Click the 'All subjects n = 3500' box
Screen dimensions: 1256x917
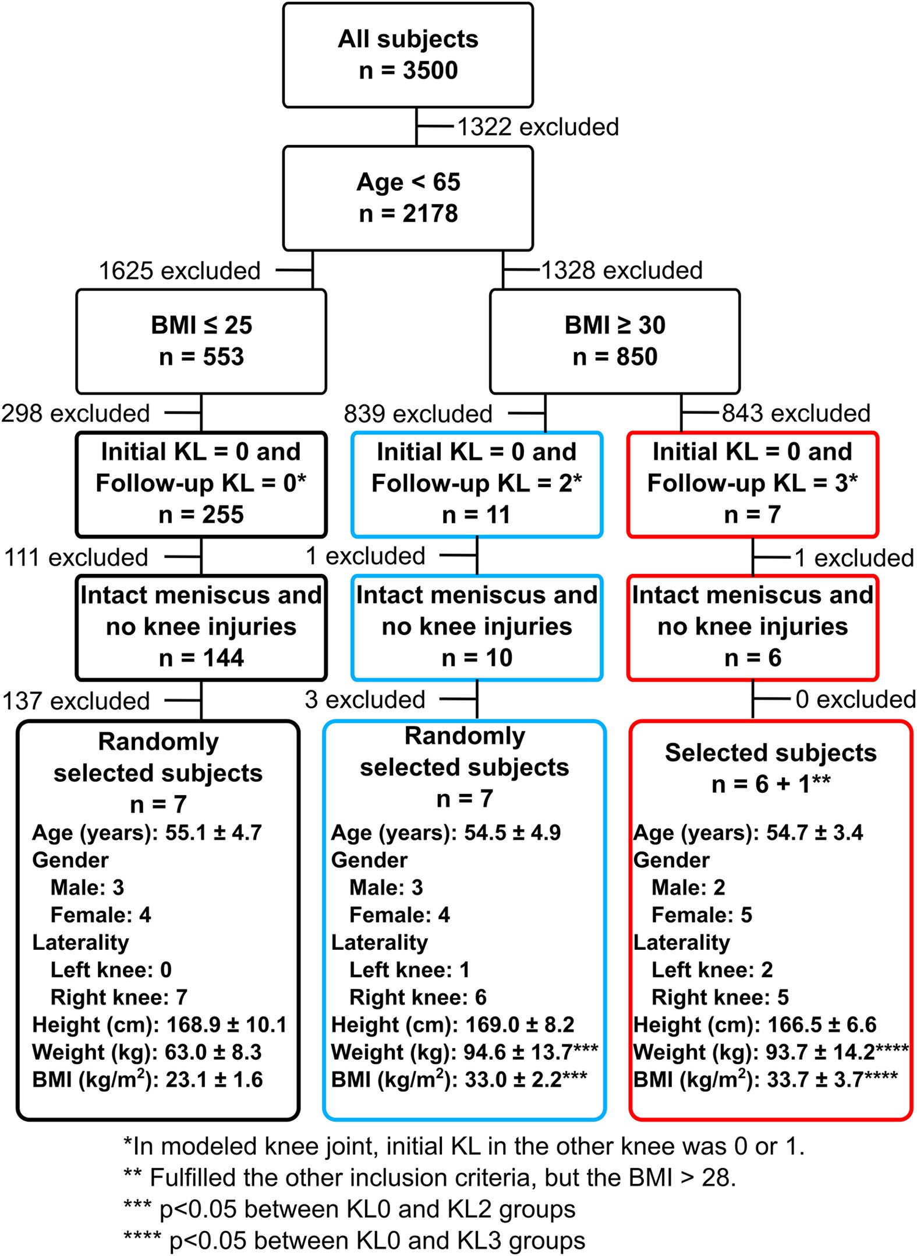coord(408,55)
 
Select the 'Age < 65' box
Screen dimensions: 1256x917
coord(408,198)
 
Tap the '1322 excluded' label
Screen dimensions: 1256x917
coord(537,127)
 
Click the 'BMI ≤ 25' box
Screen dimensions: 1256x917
coord(201,341)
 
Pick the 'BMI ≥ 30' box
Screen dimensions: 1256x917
coord(615,341)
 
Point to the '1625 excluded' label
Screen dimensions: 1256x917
coord(179,271)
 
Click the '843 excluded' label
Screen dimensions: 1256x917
coord(796,413)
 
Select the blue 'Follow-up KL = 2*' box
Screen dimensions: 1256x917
coord(476,484)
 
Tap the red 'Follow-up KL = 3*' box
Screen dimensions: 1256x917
coord(752,484)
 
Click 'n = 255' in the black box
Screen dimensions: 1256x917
coord(201,515)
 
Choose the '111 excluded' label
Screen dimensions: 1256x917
coord(76,558)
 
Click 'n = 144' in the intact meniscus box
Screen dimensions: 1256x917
coord(201,658)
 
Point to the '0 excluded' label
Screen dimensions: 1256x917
coord(855,700)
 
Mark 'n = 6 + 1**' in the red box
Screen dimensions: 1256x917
coord(770,785)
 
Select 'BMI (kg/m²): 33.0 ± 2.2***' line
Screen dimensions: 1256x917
coord(459,1080)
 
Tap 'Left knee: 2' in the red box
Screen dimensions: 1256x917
coord(711,970)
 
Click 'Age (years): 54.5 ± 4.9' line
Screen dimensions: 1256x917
coord(445,833)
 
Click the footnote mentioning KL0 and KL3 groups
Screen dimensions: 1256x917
coord(354,1241)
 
